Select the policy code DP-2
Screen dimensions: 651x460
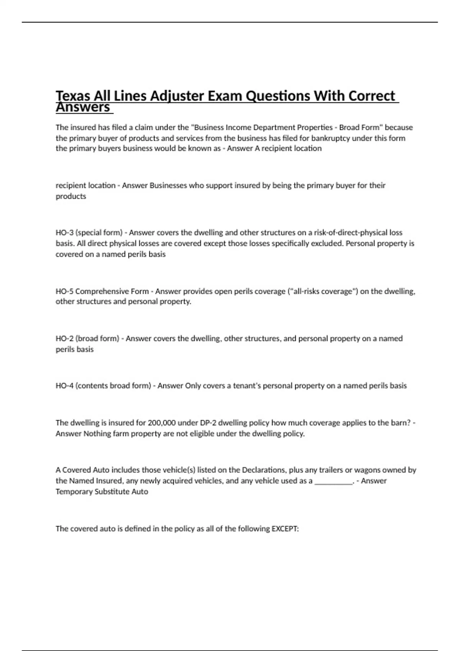coord(209,423)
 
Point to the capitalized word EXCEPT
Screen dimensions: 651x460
coord(285,529)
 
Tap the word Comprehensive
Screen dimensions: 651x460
coord(102,291)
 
